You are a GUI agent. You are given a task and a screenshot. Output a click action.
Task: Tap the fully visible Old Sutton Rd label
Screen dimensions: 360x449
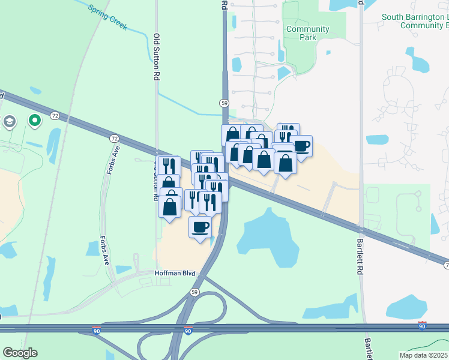(157, 57)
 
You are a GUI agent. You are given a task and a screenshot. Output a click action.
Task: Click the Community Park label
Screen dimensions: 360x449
(307, 33)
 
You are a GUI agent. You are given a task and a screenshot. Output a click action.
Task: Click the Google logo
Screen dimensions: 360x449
(20, 353)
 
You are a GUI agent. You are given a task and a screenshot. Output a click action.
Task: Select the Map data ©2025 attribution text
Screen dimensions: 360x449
(414, 355)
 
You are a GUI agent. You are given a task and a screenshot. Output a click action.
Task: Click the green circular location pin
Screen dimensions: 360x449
(35, 121)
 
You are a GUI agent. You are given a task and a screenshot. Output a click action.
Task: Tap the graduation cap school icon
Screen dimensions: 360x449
(9, 122)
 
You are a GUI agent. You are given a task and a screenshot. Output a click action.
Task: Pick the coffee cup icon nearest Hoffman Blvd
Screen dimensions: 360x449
(200, 226)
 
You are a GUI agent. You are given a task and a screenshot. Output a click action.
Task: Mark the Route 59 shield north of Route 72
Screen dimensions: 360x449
(224, 103)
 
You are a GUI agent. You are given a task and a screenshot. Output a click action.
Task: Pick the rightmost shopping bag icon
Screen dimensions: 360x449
(285, 162)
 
